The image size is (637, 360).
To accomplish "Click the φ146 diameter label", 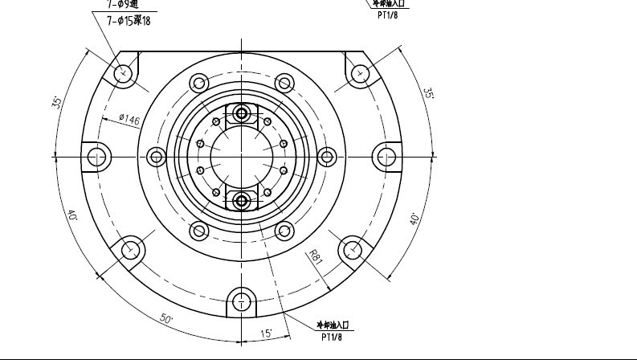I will (x=129, y=120).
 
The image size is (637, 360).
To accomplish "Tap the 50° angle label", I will (x=167, y=319).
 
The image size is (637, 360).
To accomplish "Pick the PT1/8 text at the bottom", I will (x=332, y=337).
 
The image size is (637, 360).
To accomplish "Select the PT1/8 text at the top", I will (x=388, y=14).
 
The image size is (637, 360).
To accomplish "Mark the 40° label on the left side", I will (x=72, y=215).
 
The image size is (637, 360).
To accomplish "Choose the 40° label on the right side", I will (x=415, y=218).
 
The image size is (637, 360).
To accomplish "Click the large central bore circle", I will (x=242, y=154).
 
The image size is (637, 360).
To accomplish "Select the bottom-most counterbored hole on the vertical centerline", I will (x=242, y=301).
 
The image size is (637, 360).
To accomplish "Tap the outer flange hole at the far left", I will (x=98, y=155).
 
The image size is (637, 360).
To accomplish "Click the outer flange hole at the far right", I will (x=386, y=155).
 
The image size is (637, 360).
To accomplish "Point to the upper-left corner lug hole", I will (x=124, y=73).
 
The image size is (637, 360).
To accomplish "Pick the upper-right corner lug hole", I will (x=360, y=73).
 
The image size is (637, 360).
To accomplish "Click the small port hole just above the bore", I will (x=242, y=113).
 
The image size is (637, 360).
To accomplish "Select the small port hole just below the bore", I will (x=242, y=198).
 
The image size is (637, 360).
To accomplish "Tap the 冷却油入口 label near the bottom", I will (x=332, y=325).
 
